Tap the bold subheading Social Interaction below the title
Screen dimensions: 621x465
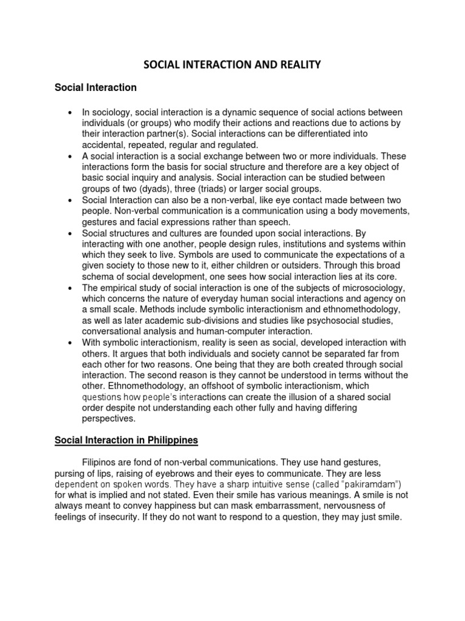[96, 88]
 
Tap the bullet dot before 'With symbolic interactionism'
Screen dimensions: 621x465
[71, 342]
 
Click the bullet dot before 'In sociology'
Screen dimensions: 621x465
[71, 113]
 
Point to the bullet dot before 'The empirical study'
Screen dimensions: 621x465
[71, 287]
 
